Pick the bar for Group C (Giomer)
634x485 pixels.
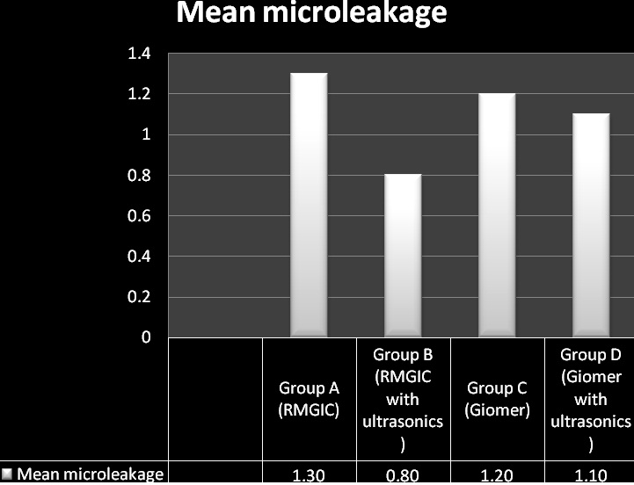(497, 215)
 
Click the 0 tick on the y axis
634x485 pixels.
(146, 337)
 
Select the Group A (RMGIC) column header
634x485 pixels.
(309, 399)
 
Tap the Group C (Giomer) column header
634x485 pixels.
(497, 399)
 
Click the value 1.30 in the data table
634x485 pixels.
(309, 475)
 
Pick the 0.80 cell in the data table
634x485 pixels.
(403, 475)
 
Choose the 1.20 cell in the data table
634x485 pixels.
(497, 475)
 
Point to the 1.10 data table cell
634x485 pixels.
(591, 475)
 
